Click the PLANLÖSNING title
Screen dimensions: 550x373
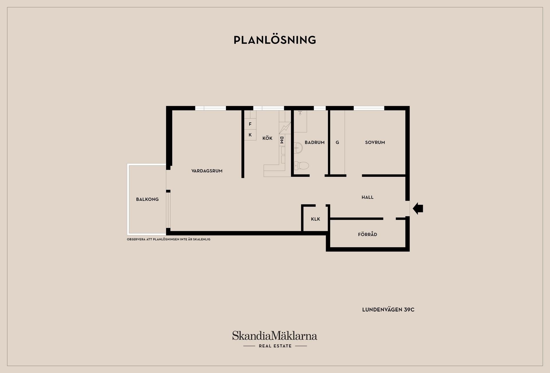pos(275,40)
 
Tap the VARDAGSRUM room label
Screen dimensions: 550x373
pos(207,171)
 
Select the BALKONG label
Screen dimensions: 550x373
pos(147,199)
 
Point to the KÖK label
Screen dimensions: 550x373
pos(267,138)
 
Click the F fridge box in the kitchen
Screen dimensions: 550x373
pos(250,124)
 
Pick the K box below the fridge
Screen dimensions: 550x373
pos(250,135)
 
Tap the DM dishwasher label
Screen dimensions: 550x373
pos(282,140)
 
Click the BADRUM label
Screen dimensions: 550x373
pos(315,142)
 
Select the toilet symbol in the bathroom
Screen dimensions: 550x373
pos(301,165)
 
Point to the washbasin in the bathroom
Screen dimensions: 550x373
pos(298,148)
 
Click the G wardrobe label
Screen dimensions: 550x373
pos(337,142)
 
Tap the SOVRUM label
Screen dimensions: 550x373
pos(375,142)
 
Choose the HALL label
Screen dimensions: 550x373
pos(368,197)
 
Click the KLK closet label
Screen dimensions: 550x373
pos(315,219)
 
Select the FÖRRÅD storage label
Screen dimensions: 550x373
pos(368,234)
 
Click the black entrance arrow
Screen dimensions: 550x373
pos(418,209)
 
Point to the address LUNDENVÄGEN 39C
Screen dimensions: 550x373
pos(388,310)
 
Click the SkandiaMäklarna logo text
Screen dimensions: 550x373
pos(275,335)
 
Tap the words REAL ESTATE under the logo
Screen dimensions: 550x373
pos(275,346)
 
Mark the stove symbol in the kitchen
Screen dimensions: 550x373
pos(285,128)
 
